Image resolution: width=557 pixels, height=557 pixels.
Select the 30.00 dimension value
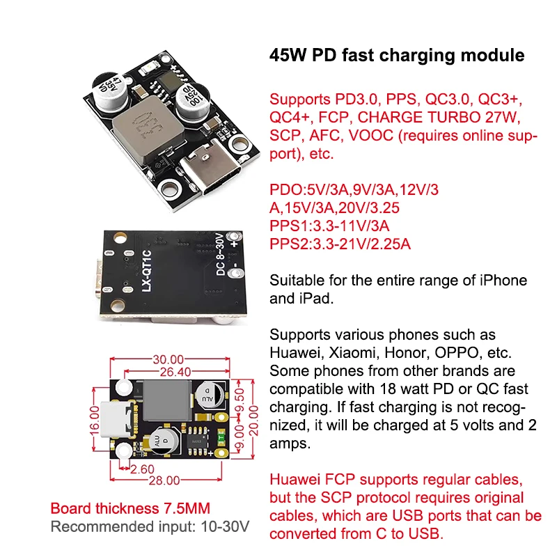(168, 359)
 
